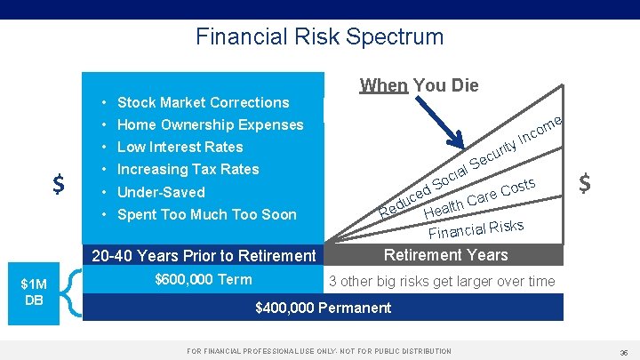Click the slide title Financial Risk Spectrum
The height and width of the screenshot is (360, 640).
[319, 37]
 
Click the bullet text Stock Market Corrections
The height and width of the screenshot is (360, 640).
[203, 102]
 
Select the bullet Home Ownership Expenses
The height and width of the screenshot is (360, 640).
[210, 124]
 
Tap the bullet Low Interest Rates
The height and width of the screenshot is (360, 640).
[180, 147]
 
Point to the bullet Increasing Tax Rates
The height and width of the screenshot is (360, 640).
[188, 169]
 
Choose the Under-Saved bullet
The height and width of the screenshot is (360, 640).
[161, 192]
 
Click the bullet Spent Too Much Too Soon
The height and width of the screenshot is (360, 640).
[206, 214]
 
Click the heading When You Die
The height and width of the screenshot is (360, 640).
[419, 85]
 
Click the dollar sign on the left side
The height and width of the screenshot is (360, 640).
[58, 184]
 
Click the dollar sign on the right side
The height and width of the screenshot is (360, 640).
[585, 183]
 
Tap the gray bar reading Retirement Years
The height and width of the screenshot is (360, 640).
[445, 255]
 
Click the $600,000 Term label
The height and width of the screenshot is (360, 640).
[203, 280]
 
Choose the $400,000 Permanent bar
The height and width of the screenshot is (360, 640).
[323, 308]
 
